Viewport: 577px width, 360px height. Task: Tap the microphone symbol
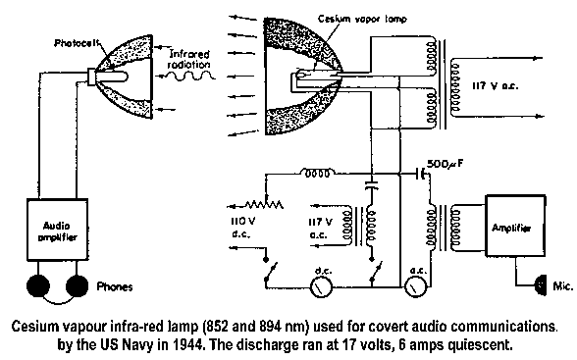541,284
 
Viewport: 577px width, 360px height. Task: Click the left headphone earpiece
38,285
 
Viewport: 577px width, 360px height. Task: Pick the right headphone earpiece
77,285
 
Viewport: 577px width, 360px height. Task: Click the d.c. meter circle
321,286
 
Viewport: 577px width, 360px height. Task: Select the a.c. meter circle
416,286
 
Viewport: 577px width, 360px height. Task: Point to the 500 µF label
445,164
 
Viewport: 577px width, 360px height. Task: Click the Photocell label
77,43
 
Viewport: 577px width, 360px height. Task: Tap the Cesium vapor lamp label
362,19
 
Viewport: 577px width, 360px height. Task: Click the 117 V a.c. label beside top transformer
496,86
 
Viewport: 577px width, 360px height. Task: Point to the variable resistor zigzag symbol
263,204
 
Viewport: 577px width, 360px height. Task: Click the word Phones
115,286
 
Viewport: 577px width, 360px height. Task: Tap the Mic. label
563,286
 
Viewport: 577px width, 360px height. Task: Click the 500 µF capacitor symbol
420,174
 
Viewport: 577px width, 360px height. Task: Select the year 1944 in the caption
187,345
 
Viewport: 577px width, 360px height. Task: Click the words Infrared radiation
188,59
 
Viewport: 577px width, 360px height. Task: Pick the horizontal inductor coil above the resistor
318,173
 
